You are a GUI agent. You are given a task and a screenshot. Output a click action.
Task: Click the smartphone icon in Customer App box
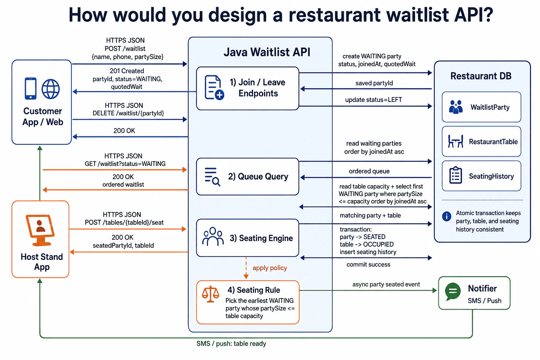click(x=31, y=89)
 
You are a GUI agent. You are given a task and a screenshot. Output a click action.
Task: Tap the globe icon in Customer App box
click(x=51, y=89)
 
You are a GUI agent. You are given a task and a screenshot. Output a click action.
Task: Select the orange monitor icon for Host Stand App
click(x=40, y=230)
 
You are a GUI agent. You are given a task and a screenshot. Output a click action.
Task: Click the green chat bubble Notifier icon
click(x=452, y=291)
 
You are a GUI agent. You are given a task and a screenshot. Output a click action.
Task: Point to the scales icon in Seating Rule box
click(x=211, y=294)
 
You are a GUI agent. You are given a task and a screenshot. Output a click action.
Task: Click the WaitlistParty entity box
click(x=481, y=107)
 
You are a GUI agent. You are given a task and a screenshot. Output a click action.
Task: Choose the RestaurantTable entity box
click(x=481, y=141)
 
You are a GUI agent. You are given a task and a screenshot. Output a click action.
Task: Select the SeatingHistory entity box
click(x=481, y=176)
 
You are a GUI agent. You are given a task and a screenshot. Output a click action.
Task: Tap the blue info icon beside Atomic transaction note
click(x=446, y=216)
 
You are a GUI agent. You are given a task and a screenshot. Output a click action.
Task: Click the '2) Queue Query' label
click(x=258, y=176)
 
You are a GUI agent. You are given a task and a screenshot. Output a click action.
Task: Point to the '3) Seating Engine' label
click(x=261, y=238)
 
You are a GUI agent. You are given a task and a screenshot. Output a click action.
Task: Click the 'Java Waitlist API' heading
click(x=267, y=52)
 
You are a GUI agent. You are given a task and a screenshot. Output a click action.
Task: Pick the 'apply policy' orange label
click(x=270, y=268)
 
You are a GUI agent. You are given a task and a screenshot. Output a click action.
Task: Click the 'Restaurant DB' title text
click(x=481, y=76)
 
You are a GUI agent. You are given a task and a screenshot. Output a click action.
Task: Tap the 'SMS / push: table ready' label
click(x=231, y=343)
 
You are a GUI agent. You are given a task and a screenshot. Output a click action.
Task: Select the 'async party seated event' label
click(x=386, y=284)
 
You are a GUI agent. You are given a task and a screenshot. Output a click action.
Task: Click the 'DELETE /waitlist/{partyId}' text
click(x=128, y=113)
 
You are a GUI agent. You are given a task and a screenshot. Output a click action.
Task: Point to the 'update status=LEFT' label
click(x=374, y=99)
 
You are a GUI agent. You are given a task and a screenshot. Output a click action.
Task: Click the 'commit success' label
click(x=368, y=264)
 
